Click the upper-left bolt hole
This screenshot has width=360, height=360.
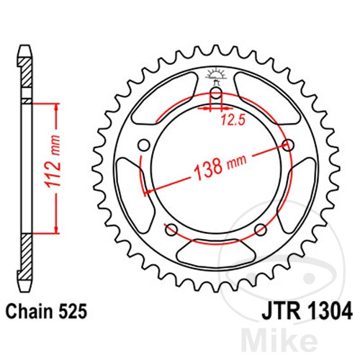144,146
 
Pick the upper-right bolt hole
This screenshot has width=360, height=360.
289,146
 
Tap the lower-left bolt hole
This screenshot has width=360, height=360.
171,230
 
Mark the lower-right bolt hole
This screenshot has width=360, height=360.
261,230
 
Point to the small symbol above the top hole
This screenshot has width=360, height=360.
215,73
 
